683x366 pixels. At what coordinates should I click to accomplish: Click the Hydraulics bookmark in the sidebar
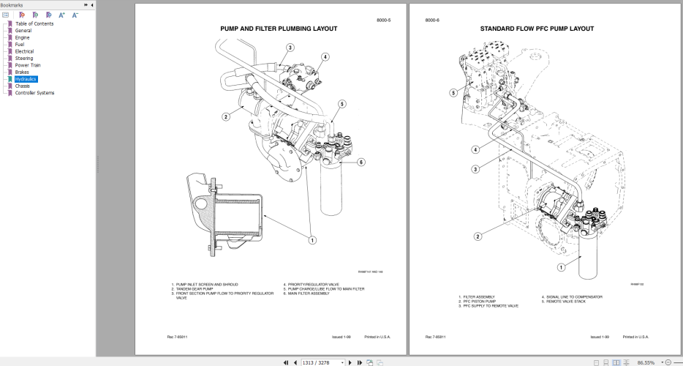pos(26,79)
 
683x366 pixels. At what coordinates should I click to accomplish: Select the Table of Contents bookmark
pos(34,23)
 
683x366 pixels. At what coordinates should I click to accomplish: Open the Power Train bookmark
pos(28,65)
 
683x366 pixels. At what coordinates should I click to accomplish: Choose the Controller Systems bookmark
pos(34,93)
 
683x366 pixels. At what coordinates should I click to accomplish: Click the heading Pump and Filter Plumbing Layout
pos(279,29)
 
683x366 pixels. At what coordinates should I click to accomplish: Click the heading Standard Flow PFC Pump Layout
pos(537,29)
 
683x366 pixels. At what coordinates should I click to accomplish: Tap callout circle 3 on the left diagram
pos(290,48)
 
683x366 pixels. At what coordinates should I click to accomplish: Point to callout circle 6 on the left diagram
pos(361,162)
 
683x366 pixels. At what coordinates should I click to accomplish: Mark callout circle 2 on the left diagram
pos(227,116)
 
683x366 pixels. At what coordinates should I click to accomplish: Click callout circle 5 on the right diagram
pos(453,93)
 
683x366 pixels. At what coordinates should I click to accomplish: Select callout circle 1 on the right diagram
pos(561,267)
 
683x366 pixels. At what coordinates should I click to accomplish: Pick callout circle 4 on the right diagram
pos(475,150)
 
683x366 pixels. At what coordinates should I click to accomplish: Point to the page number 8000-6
pos(432,20)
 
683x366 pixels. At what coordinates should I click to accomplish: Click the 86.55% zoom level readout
pos(646,362)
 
